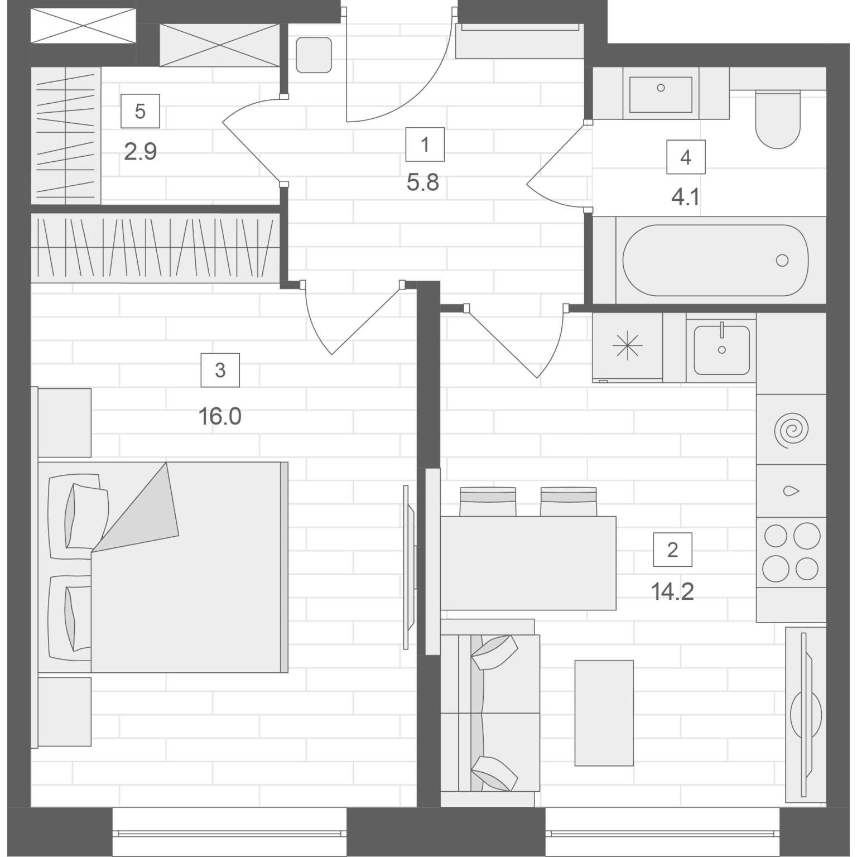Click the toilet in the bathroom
(x=777, y=119)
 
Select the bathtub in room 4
(x=715, y=260)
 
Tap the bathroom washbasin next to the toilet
(x=661, y=94)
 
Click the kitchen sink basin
(x=721, y=350)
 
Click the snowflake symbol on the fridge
(x=628, y=346)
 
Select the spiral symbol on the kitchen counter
(x=791, y=430)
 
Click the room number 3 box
(x=220, y=370)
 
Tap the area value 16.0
(x=220, y=416)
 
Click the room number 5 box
(x=140, y=111)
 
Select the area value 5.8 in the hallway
(x=423, y=182)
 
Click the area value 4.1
(x=686, y=198)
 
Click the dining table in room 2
(x=528, y=563)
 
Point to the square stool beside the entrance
(x=314, y=55)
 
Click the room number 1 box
(x=425, y=145)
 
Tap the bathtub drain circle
(x=782, y=260)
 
